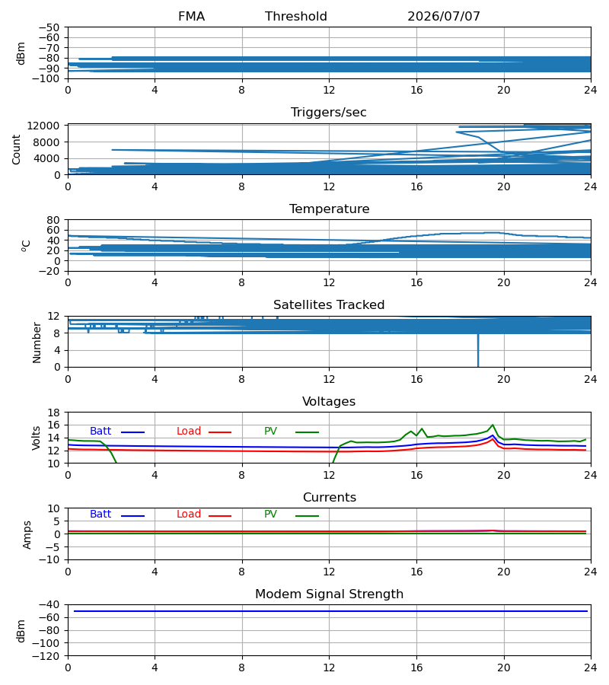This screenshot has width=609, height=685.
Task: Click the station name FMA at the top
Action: (x=191, y=17)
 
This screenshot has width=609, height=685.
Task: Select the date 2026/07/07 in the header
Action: (x=443, y=17)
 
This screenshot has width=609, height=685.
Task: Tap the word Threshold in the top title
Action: (x=296, y=17)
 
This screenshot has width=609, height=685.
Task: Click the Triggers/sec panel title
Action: (x=329, y=113)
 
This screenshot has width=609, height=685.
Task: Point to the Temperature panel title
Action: (x=329, y=209)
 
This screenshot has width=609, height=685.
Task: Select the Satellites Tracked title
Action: (x=329, y=305)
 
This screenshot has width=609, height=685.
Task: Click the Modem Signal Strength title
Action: (x=329, y=594)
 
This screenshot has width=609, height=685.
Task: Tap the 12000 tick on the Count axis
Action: (x=43, y=126)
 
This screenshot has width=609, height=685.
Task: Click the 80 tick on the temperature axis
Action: (x=53, y=220)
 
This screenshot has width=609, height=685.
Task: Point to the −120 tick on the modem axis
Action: (x=46, y=656)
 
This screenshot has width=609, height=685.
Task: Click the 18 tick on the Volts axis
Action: (x=53, y=413)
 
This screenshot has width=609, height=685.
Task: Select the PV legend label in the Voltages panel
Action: (x=270, y=432)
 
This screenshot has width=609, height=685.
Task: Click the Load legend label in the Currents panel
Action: (x=189, y=515)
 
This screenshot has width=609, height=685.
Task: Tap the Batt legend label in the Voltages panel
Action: (x=100, y=432)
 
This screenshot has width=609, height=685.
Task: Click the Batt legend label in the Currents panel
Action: (x=100, y=515)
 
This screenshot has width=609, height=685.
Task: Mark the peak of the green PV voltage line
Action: (x=493, y=425)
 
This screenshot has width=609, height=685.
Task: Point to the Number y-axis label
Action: (x=37, y=342)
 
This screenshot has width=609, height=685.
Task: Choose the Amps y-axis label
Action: (x=27, y=535)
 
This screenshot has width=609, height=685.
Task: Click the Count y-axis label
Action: (x=16, y=149)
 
